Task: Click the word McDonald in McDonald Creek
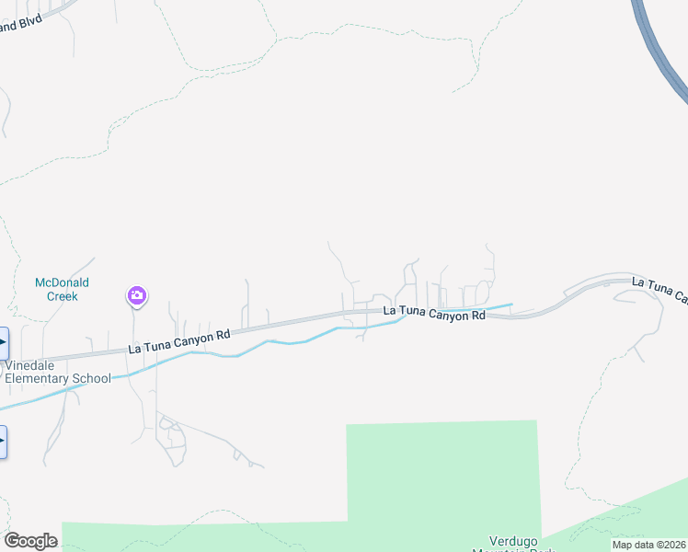click(x=62, y=282)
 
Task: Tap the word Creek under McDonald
click(x=62, y=296)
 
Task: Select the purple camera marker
click(x=136, y=295)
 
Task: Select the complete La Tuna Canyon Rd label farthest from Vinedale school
click(x=433, y=314)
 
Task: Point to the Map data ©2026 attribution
click(x=648, y=545)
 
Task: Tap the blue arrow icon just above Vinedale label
click(x=3, y=342)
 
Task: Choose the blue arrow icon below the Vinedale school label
click(x=3, y=442)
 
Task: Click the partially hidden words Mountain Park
click(x=515, y=549)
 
